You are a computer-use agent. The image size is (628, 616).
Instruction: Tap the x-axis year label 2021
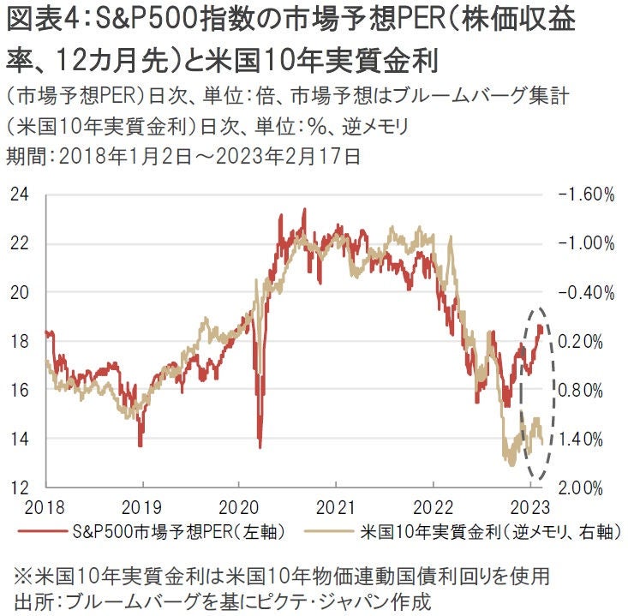[336, 505]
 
